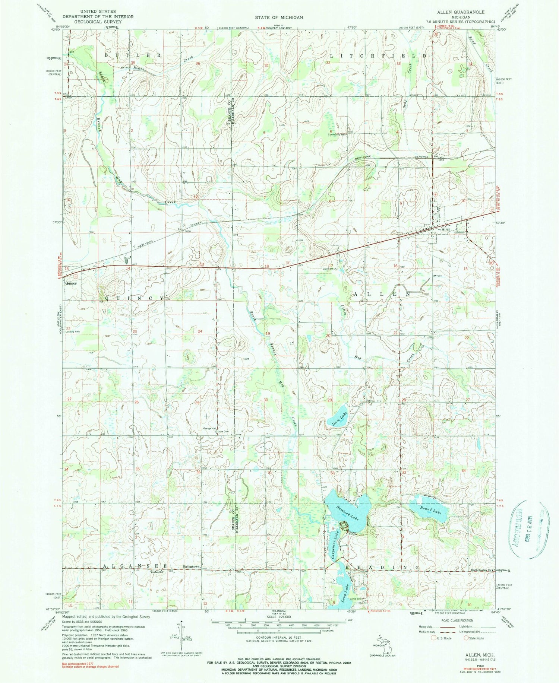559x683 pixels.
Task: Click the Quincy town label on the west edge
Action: pos(71,283)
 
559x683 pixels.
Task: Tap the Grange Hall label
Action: pos(209,429)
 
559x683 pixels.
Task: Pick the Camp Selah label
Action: pos(356,599)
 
